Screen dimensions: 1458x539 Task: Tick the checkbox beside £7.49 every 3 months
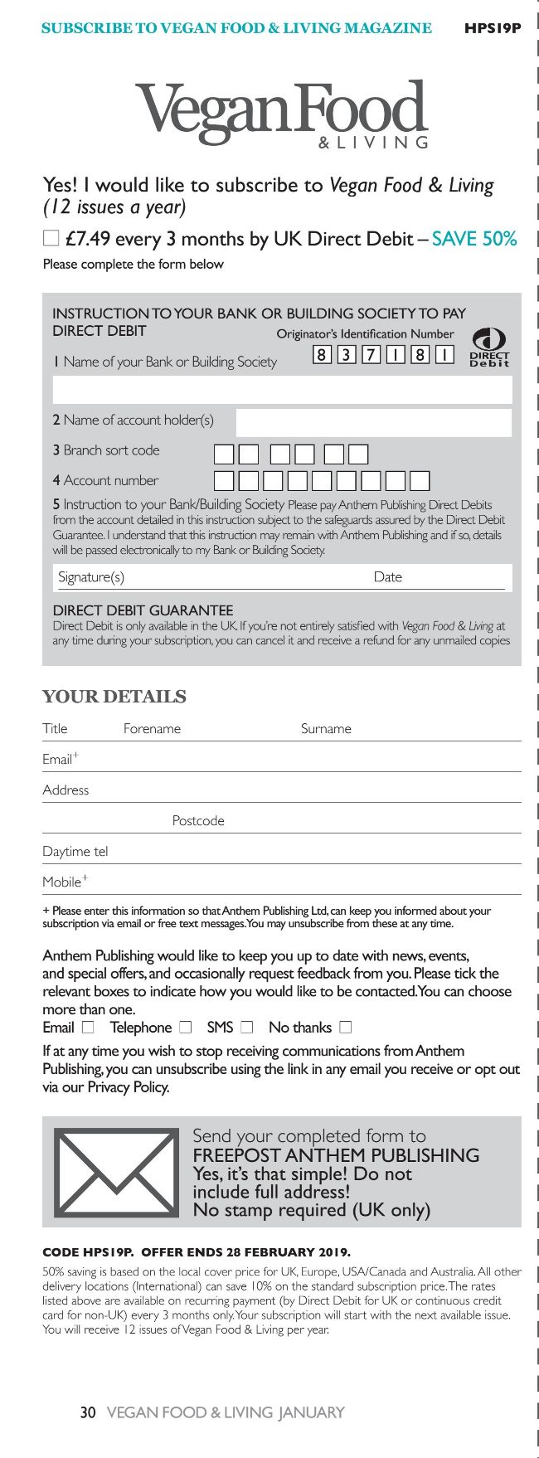[x=51, y=239]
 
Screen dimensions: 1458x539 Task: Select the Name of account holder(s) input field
[x=373, y=422]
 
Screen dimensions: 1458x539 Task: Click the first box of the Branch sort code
[x=224, y=454]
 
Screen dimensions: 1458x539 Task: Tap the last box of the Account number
[x=420, y=481]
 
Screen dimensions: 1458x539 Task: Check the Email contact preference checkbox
[x=88, y=1028]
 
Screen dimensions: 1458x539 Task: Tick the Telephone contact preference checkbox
[x=186, y=1028]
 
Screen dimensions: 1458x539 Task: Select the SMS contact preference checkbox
[x=246, y=1028]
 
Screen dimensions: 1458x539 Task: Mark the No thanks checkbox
[x=345, y=1028]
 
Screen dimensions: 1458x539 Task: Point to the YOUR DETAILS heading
[x=114, y=697]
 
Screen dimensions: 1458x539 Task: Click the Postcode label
[x=198, y=821]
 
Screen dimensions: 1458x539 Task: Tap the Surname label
[x=326, y=729]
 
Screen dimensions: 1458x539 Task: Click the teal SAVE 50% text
[x=473, y=239]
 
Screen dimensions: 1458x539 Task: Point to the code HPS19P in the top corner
[x=493, y=28]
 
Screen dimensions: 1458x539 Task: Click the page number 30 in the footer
[x=88, y=1412]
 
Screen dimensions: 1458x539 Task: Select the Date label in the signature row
[x=387, y=577]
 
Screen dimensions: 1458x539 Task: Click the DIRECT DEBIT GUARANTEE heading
[x=143, y=610]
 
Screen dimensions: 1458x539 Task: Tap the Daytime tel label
[x=75, y=852]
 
